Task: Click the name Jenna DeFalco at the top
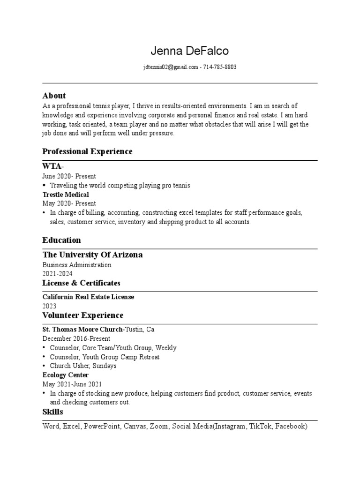pos(190,51)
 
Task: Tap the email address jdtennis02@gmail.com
pos(171,67)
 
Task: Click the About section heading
pos(54,96)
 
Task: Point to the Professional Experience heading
pos(87,151)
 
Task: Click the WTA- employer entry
pos(53,166)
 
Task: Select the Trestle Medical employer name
pos(66,194)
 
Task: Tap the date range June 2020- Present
pos(69,176)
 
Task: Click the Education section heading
pos(61,240)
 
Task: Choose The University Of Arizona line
pos(92,255)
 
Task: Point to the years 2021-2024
pos(58,274)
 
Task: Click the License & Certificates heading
pos(81,283)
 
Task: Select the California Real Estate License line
pos(88,297)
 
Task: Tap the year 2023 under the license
pos(49,306)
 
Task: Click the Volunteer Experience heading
pos(83,315)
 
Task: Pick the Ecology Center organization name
pos(65,375)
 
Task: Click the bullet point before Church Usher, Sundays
pos(44,366)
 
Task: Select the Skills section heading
pos(52,412)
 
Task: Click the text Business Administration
pos(77,265)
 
